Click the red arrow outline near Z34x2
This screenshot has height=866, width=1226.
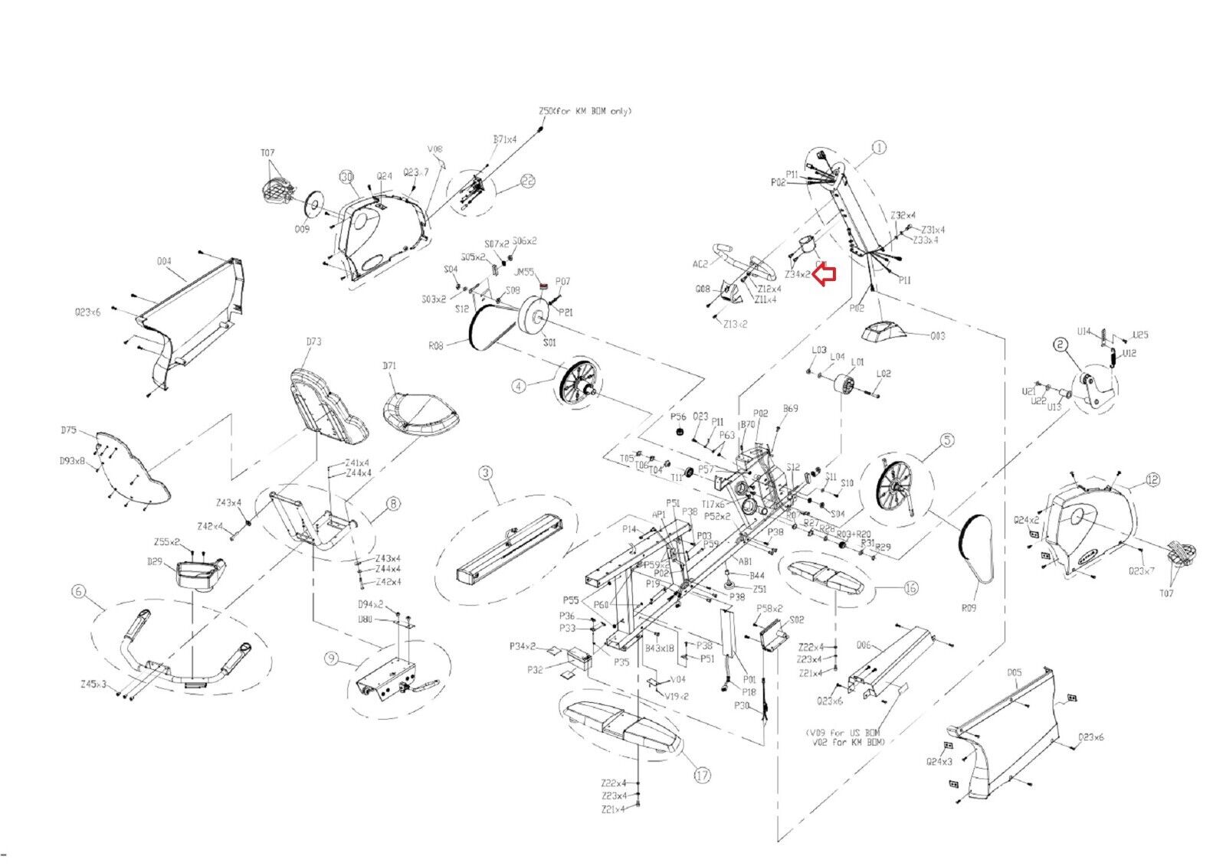tap(824, 273)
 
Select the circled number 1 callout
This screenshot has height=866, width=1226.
tap(879, 146)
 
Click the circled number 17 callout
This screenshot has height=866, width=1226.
tap(702, 775)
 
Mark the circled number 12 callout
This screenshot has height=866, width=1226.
tap(1153, 480)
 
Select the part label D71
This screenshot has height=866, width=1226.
tap(389, 366)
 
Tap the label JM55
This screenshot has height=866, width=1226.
tap(524, 271)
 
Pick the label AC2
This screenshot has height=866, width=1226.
tap(700, 264)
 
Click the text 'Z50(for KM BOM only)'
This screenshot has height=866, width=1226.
tap(585, 111)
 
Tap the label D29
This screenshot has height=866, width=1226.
tap(155, 562)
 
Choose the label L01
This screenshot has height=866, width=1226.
tap(857, 361)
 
